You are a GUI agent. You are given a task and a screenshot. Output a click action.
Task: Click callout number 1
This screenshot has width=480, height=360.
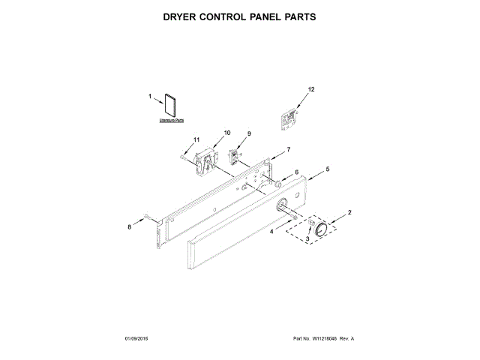(150, 96)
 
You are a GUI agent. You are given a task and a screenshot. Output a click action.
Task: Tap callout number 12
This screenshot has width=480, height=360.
(311, 89)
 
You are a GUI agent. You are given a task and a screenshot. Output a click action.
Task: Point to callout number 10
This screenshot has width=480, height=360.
(227, 133)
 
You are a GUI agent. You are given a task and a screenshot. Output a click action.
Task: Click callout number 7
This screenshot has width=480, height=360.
(288, 150)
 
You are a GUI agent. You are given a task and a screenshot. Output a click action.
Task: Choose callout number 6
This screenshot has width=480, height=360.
(296, 172)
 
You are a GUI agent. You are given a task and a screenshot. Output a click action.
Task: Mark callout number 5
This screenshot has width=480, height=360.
(326, 170)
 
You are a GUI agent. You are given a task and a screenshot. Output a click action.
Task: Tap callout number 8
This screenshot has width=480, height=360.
(129, 226)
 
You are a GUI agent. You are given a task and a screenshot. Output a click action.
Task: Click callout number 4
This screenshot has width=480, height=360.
(273, 232)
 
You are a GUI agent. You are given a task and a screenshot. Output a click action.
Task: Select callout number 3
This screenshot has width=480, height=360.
(307, 239)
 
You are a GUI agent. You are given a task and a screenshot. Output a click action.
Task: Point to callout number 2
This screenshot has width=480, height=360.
(348, 213)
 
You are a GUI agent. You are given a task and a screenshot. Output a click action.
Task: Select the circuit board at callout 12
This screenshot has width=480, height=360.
(289, 116)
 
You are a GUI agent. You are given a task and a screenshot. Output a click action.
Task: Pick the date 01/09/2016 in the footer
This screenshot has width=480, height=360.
(139, 339)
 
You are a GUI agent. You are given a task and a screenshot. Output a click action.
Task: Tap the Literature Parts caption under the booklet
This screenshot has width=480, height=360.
(172, 120)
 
